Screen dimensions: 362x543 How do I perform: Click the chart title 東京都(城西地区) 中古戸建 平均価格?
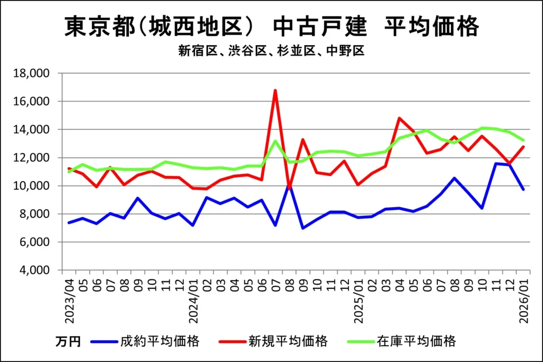[x=271, y=27]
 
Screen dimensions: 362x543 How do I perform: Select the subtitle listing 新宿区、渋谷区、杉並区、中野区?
[x=271, y=51]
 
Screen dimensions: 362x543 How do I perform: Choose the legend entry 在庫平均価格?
[x=417, y=341]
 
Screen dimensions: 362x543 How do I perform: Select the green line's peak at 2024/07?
[x=275, y=140]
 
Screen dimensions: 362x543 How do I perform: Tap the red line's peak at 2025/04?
[x=399, y=118]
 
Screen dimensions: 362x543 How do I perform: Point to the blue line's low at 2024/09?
[x=303, y=228]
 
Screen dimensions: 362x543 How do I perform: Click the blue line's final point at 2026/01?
[x=523, y=189]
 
